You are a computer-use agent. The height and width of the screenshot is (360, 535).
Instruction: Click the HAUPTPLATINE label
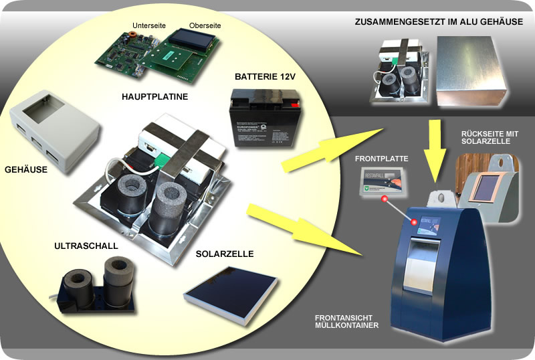click(x=154, y=96)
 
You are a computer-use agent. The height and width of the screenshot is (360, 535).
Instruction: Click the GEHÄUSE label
click(x=25, y=169)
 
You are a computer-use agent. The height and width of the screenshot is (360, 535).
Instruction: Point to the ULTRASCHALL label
click(x=86, y=246)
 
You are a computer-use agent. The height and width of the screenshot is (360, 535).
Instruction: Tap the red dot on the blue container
click(x=415, y=221)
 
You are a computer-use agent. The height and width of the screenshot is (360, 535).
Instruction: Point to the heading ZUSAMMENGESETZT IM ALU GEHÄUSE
click(x=439, y=22)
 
